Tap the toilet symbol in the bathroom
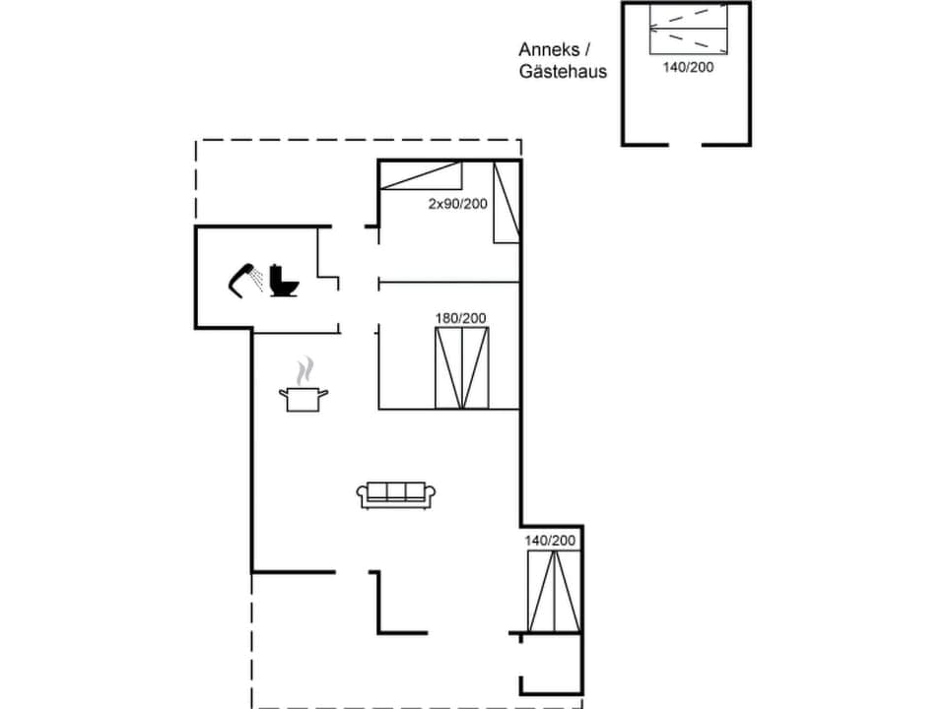tap(283, 281)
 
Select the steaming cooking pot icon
tap(304, 397)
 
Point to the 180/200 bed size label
tap(461, 318)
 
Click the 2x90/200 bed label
tap(457, 203)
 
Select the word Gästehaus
tap(564, 72)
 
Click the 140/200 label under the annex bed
tap(688, 68)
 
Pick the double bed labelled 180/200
tap(461, 367)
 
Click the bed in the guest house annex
tap(688, 29)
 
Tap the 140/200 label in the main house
tap(550, 541)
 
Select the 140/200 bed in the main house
tap(554, 592)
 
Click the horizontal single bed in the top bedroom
tap(421, 176)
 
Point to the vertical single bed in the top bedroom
tap(507, 203)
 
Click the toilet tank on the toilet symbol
tap(277, 271)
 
